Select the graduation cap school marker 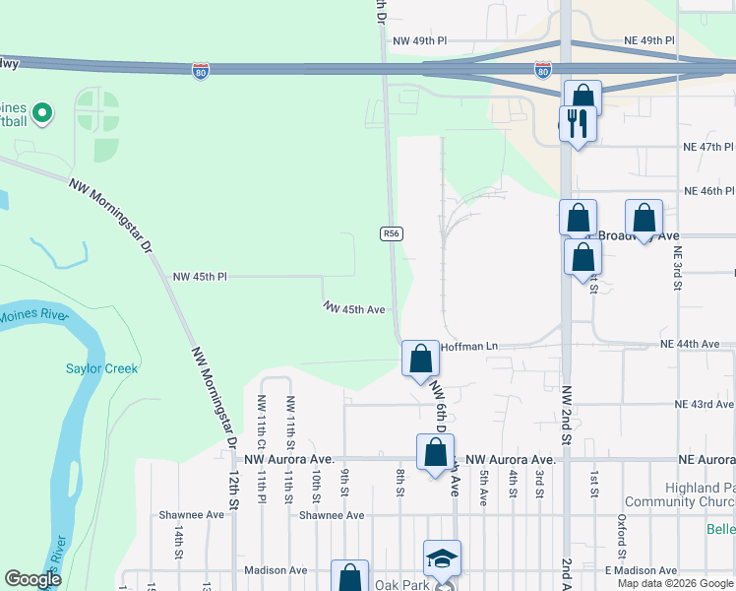coord(442,558)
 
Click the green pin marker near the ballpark coord(41,113)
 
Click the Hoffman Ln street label coord(470,347)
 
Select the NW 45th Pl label coord(200,278)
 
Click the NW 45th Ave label coord(353,308)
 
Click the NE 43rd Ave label coord(704,405)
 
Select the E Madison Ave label coord(641,571)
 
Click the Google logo coord(32,578)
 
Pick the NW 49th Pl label coord(419,41)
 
